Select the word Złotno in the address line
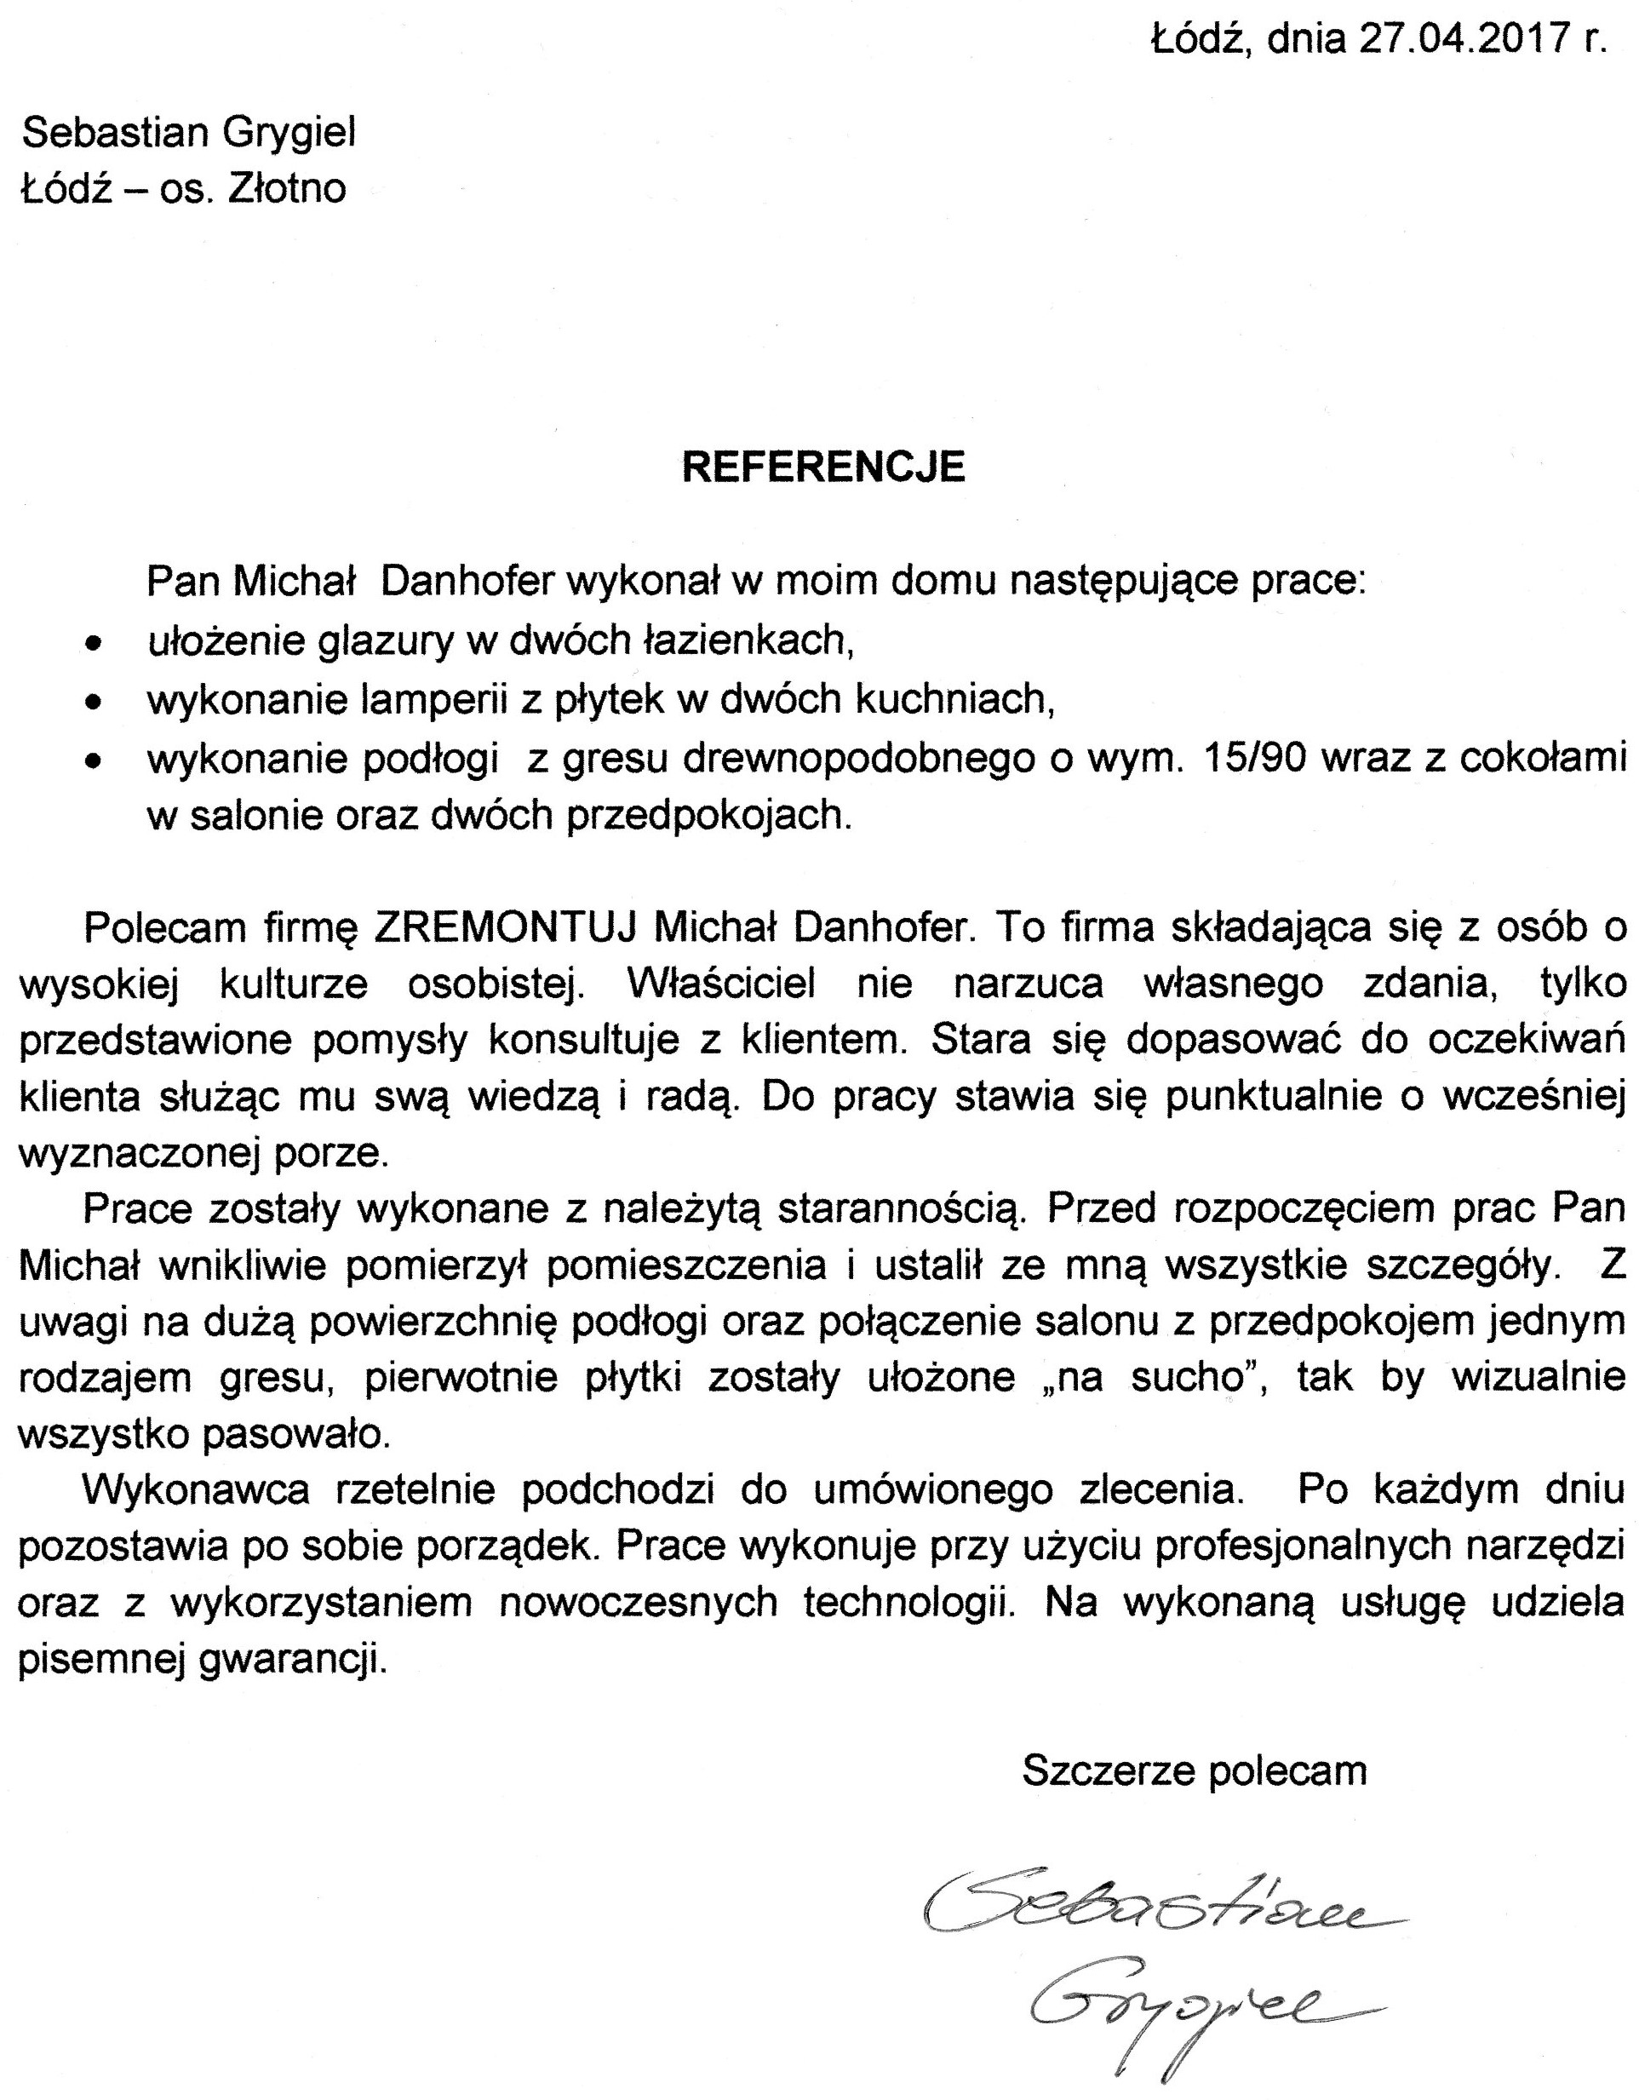click(286, 188)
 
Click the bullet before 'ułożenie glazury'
click(94, 645)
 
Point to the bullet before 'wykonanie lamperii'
click(94, 703)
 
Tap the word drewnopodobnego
click(814, 759)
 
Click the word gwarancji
click(293, 1660)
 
